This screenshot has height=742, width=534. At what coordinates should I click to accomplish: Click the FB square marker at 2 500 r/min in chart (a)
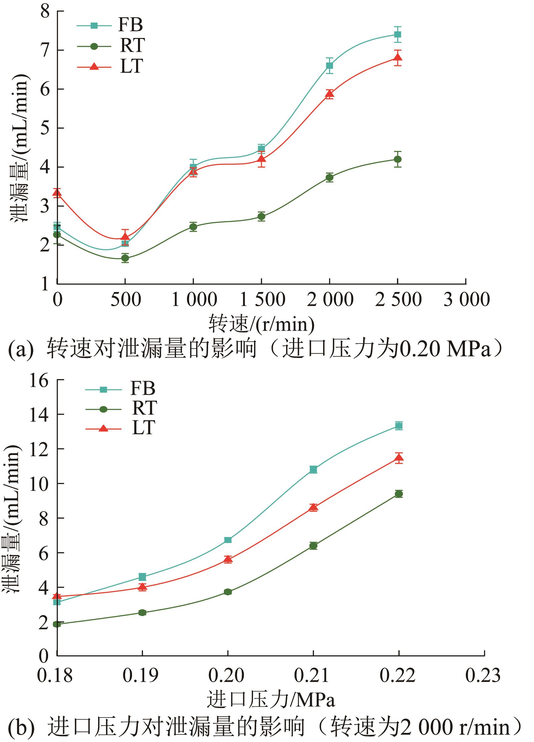click(398, 34)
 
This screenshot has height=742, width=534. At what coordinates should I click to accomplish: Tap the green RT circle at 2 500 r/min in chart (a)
click(398, 159)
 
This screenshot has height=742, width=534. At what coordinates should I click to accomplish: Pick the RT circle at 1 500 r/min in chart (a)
click(261, 216)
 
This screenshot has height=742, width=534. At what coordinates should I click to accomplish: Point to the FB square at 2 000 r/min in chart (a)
click(329, 65)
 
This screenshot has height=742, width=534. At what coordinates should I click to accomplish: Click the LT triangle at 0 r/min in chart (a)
click(57, 193)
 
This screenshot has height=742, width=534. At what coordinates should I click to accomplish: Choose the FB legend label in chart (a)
click(130, 25)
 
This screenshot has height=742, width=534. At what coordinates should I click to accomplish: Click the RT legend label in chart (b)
click(144, 408)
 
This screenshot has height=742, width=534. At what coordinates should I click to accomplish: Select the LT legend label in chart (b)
click(143, 428)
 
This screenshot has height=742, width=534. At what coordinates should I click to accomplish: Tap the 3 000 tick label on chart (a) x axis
click(466, 299)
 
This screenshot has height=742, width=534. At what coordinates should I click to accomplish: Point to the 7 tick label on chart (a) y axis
click(45, 50)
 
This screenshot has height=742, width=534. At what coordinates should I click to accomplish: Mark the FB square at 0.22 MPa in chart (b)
click(399, 425)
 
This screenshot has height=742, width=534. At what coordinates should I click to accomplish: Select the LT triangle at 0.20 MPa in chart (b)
click(228, 559)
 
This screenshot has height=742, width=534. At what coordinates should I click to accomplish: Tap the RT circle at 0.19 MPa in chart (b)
click(142, 612)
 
